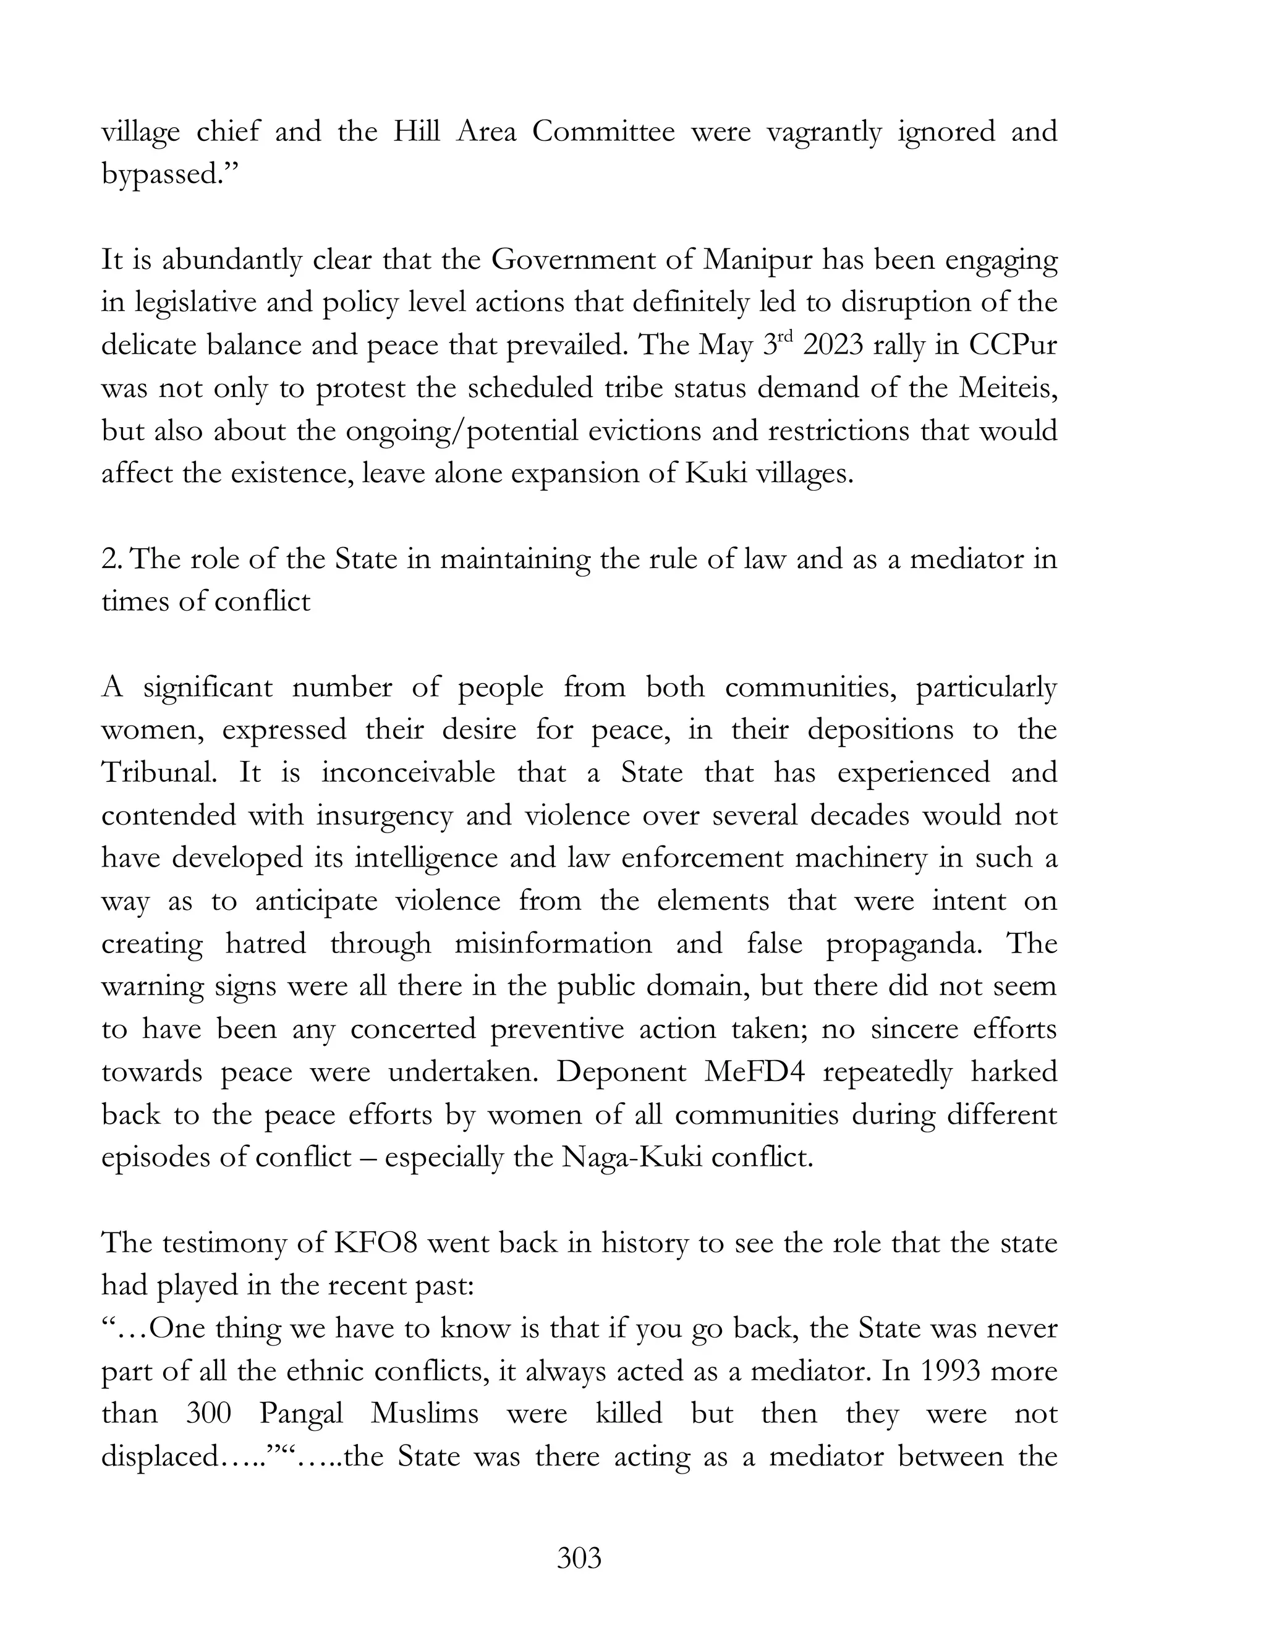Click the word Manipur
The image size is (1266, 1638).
758,260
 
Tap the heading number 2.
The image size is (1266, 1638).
110,559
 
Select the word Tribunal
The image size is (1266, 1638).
158,773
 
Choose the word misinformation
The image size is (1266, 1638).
553,943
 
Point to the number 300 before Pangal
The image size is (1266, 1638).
208,1414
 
